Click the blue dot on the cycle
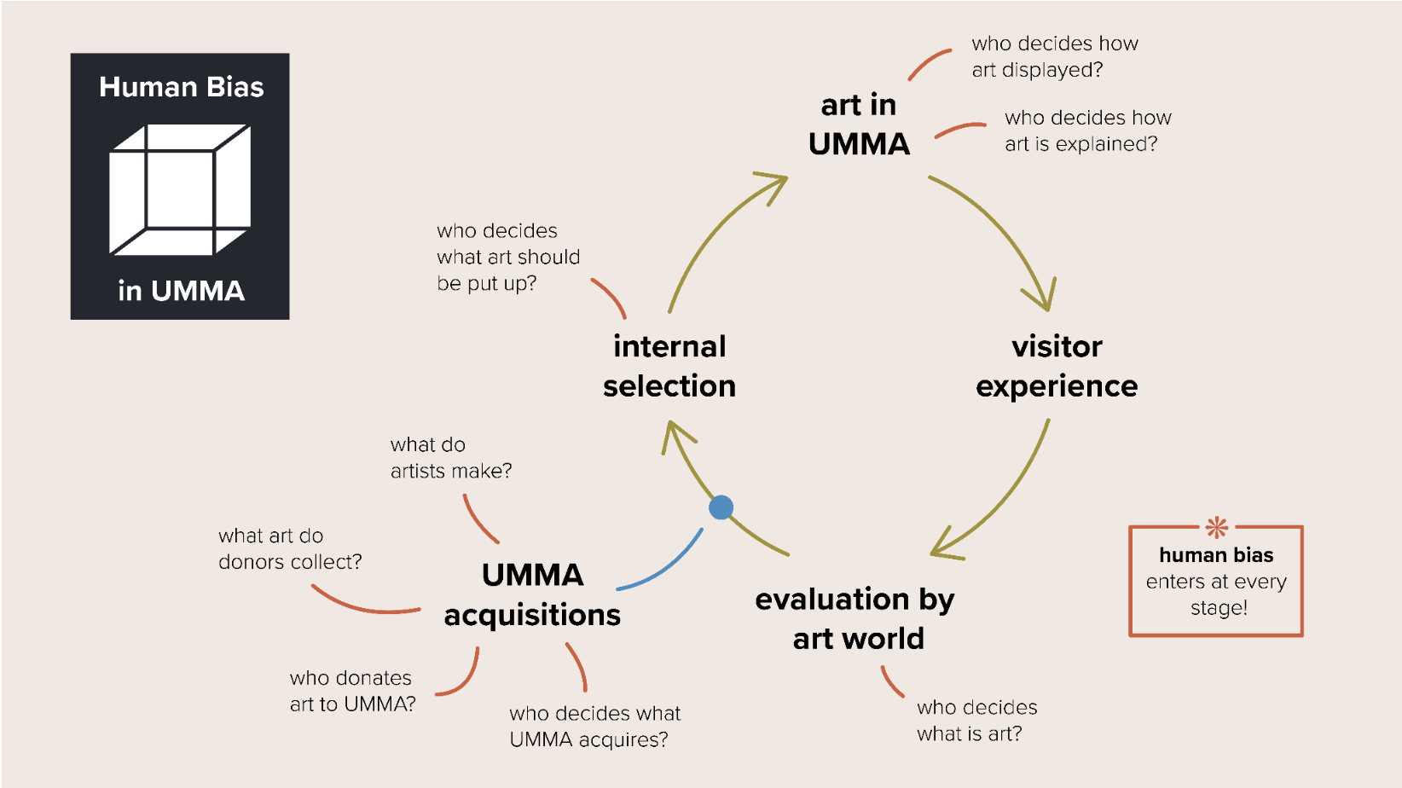click(x=721, y=507)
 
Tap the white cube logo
click(x=180, y=189)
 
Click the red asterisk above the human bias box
click(x=1217, y=527)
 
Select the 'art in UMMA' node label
click(x=859, y=125)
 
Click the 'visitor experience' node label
click(x=1057, y=366)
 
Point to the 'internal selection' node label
click(x=669, y=366)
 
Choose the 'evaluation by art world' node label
click(x=855, y=618)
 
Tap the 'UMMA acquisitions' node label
click(x=533, y=594)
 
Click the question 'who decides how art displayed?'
click(x=1054, y=56)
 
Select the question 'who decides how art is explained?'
click(x=1087, y=130)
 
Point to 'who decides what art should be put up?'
click(x=508, y=257)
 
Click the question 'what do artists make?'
click(x=451, y=458)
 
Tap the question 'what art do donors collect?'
click(x=290, y=548)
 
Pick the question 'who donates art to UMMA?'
click(x=352, y=691)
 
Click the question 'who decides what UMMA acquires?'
click(x=594, y=727)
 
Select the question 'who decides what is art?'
click(x=976, y=721)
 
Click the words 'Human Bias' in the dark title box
click(x=181, y=87)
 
